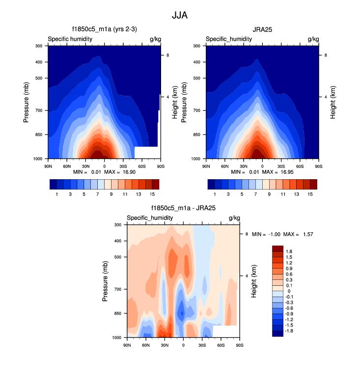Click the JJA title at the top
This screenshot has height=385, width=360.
[x=180, y=15]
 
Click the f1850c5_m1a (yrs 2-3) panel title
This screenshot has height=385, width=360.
[x=104, y=29]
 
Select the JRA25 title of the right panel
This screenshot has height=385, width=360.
[x=262, y=29]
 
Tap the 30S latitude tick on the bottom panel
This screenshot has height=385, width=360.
[x=202, y=345]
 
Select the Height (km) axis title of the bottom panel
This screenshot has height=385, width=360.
[x=254, y=280]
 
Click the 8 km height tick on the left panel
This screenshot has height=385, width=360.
[x=168, y=55]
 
